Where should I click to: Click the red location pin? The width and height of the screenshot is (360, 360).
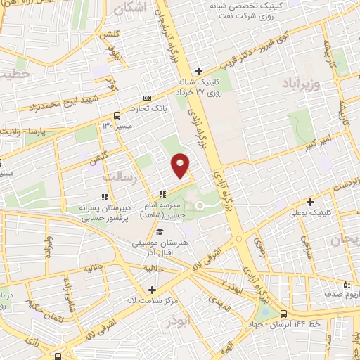tap(181, 165)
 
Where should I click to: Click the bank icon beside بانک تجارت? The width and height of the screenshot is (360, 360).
tap(146, 98)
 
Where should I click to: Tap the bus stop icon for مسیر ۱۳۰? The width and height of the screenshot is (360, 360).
tap(117, 115)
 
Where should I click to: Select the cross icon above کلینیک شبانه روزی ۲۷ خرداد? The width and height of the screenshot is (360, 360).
tap(199, 70)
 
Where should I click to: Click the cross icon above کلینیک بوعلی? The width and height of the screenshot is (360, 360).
tap(310, 202)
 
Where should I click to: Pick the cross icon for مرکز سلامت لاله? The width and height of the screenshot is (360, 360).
tap(153, 290)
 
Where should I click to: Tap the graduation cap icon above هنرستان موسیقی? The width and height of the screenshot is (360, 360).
tap(160, 232)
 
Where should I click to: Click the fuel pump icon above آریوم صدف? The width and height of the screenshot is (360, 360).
tap(345, 285)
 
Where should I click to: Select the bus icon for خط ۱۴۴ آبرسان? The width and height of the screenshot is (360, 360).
tap(283, 314)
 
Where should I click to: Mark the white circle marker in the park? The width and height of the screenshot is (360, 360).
tap(199, 205)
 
